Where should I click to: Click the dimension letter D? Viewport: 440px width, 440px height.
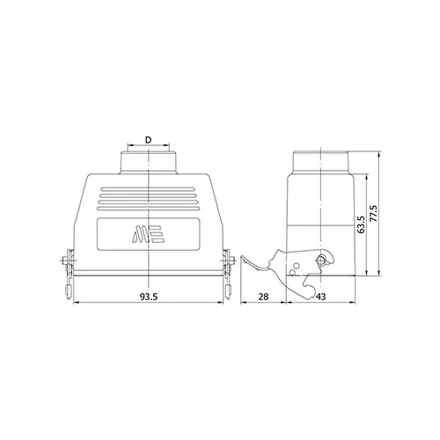coord(149,140)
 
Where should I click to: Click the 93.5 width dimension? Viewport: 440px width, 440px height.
coord(149,297)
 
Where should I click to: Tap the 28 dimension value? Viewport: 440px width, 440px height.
coord(263,297)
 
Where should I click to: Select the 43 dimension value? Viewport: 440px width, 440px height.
coord(321,297)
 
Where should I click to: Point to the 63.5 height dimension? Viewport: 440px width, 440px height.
coord(361,224)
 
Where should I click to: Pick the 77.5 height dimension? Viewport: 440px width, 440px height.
coord(374,213)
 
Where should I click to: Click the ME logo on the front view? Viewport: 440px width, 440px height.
coord(148,234)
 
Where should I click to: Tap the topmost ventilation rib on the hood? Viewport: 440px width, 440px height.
coord(148,189)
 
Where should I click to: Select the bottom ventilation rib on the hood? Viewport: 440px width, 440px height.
coord(148,209)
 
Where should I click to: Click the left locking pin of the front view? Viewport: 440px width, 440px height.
coord(68,260)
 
